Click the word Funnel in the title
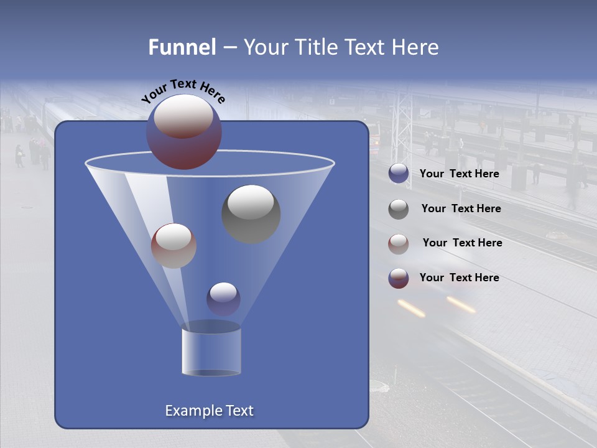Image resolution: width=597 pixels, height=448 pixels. (x=182, y=47)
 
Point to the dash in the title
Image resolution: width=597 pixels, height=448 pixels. (x=229, y=48)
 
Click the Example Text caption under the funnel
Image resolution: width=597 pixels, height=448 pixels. (x=210, y=411)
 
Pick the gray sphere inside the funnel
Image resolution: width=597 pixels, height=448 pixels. (x=251, y=213)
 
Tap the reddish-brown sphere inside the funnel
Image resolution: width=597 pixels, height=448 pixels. (x=174, y=245)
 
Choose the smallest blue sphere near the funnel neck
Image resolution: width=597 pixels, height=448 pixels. (x=223, y=299)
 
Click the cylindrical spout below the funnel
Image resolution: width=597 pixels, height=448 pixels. (x=211, y=352)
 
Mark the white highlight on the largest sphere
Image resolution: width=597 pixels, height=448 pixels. (x=183, y=116)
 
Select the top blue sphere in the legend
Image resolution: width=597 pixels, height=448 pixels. (x=399, y=174)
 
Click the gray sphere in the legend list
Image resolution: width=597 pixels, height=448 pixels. (x=399, y=208)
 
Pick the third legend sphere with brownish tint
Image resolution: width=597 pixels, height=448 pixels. (x=399, y=243)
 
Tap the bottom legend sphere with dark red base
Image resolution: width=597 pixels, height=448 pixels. (x=399, y=278)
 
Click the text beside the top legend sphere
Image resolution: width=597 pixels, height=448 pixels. (x=459, y=174)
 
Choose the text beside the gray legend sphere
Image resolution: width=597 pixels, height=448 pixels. (x=461, y=208)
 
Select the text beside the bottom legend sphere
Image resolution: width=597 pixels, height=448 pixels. (x=459, y=278)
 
